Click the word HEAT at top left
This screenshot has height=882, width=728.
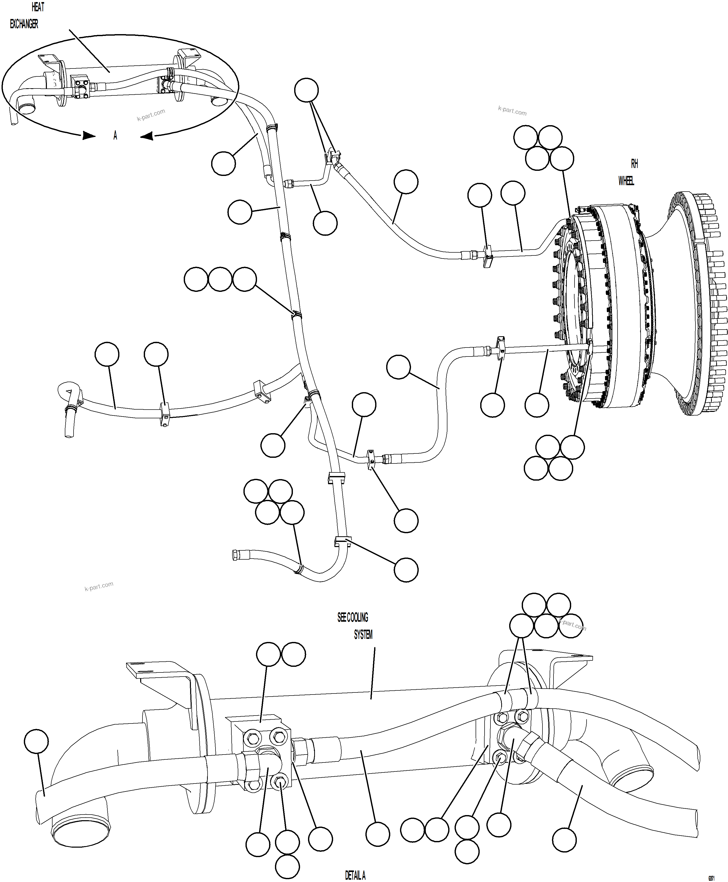click(x=38, y=7)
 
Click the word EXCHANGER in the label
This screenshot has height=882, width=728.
click(x=24, y=24)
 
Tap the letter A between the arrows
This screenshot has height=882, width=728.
click(x=115, y=135)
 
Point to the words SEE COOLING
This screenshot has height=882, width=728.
click(x=352, y=617)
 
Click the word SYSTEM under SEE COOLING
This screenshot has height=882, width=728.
click(x=363, y=635)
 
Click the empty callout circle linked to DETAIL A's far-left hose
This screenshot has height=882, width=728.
click(x=36, y=741)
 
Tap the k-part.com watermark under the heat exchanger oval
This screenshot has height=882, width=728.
click(x=151, y=115)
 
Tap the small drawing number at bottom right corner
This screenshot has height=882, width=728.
click(x=711, y=878)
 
